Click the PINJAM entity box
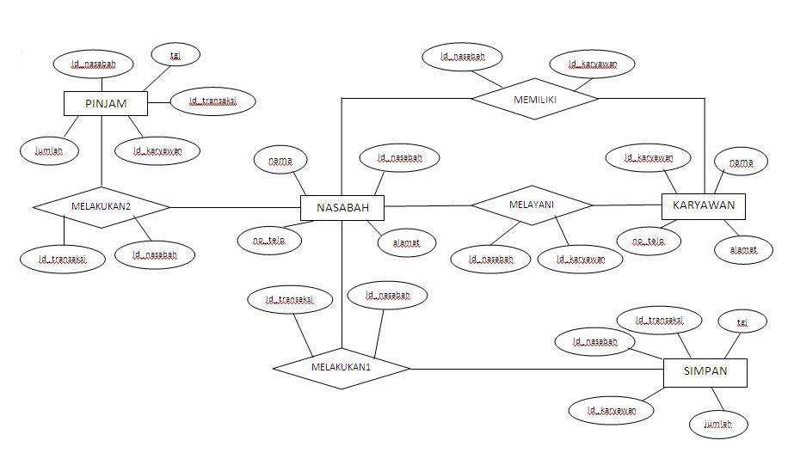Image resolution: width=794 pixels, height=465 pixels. (x=106, y=104)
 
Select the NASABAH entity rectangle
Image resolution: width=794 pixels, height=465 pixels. (x=342, y=207)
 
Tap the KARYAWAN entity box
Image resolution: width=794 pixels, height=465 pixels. (x=703, y=205)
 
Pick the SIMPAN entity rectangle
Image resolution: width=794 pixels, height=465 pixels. (x=705, y=371)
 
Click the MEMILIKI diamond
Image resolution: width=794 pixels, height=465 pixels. (x=534, y=99)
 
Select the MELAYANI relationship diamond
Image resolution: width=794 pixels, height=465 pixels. (x=532, y=205)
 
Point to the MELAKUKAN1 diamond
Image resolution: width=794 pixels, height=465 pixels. (x=341, y=368)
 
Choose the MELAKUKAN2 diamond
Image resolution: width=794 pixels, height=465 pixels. (x=101, y=206)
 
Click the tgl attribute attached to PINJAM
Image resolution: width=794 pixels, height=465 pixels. (x=175, y=55)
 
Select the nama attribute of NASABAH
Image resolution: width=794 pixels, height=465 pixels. (x=280, y=160)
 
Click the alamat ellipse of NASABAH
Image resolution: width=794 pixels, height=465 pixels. (x=406, y=242)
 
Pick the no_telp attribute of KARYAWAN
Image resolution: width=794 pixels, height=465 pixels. (x=649, y=242)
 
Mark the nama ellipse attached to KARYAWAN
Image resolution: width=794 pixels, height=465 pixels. (x=741, y=162)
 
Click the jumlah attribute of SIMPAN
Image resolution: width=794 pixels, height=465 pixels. (x=718, y=424)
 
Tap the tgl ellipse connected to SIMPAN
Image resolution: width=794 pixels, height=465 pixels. (x=742, y=321)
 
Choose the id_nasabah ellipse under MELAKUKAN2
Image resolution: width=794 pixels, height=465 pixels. (x=156, y=254)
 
